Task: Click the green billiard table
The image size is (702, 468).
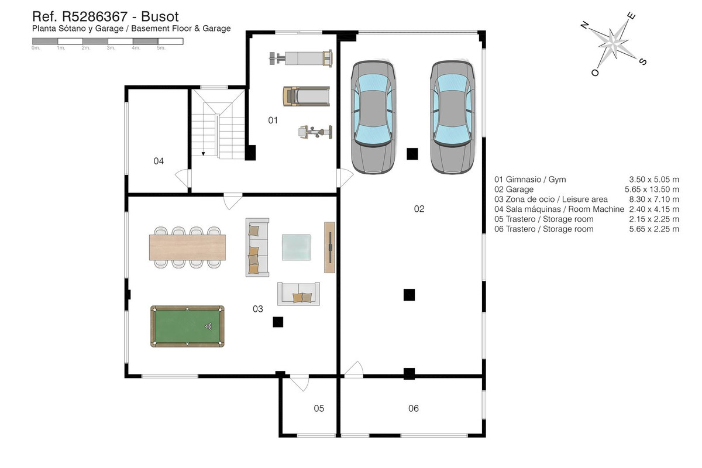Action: tap(187, 326)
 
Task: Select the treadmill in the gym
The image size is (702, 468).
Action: tap(306, 97)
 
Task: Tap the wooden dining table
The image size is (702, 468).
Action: tap(187, 247)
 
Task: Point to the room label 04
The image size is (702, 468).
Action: tap(159, 161)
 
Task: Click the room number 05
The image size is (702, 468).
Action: tap(318, 408)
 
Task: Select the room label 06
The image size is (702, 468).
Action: tap(414, 408)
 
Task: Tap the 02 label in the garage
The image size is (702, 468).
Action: tap(419, 209)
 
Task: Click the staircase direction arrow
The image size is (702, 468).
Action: tap(203, 153)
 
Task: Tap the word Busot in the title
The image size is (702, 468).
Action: tap(158, 16)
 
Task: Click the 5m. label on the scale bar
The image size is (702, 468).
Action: tap(162, 48)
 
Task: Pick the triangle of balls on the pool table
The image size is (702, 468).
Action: tap(209, 326)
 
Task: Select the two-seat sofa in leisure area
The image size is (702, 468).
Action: tap(298, 294)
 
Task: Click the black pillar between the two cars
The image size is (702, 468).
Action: tap(412, 153)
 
